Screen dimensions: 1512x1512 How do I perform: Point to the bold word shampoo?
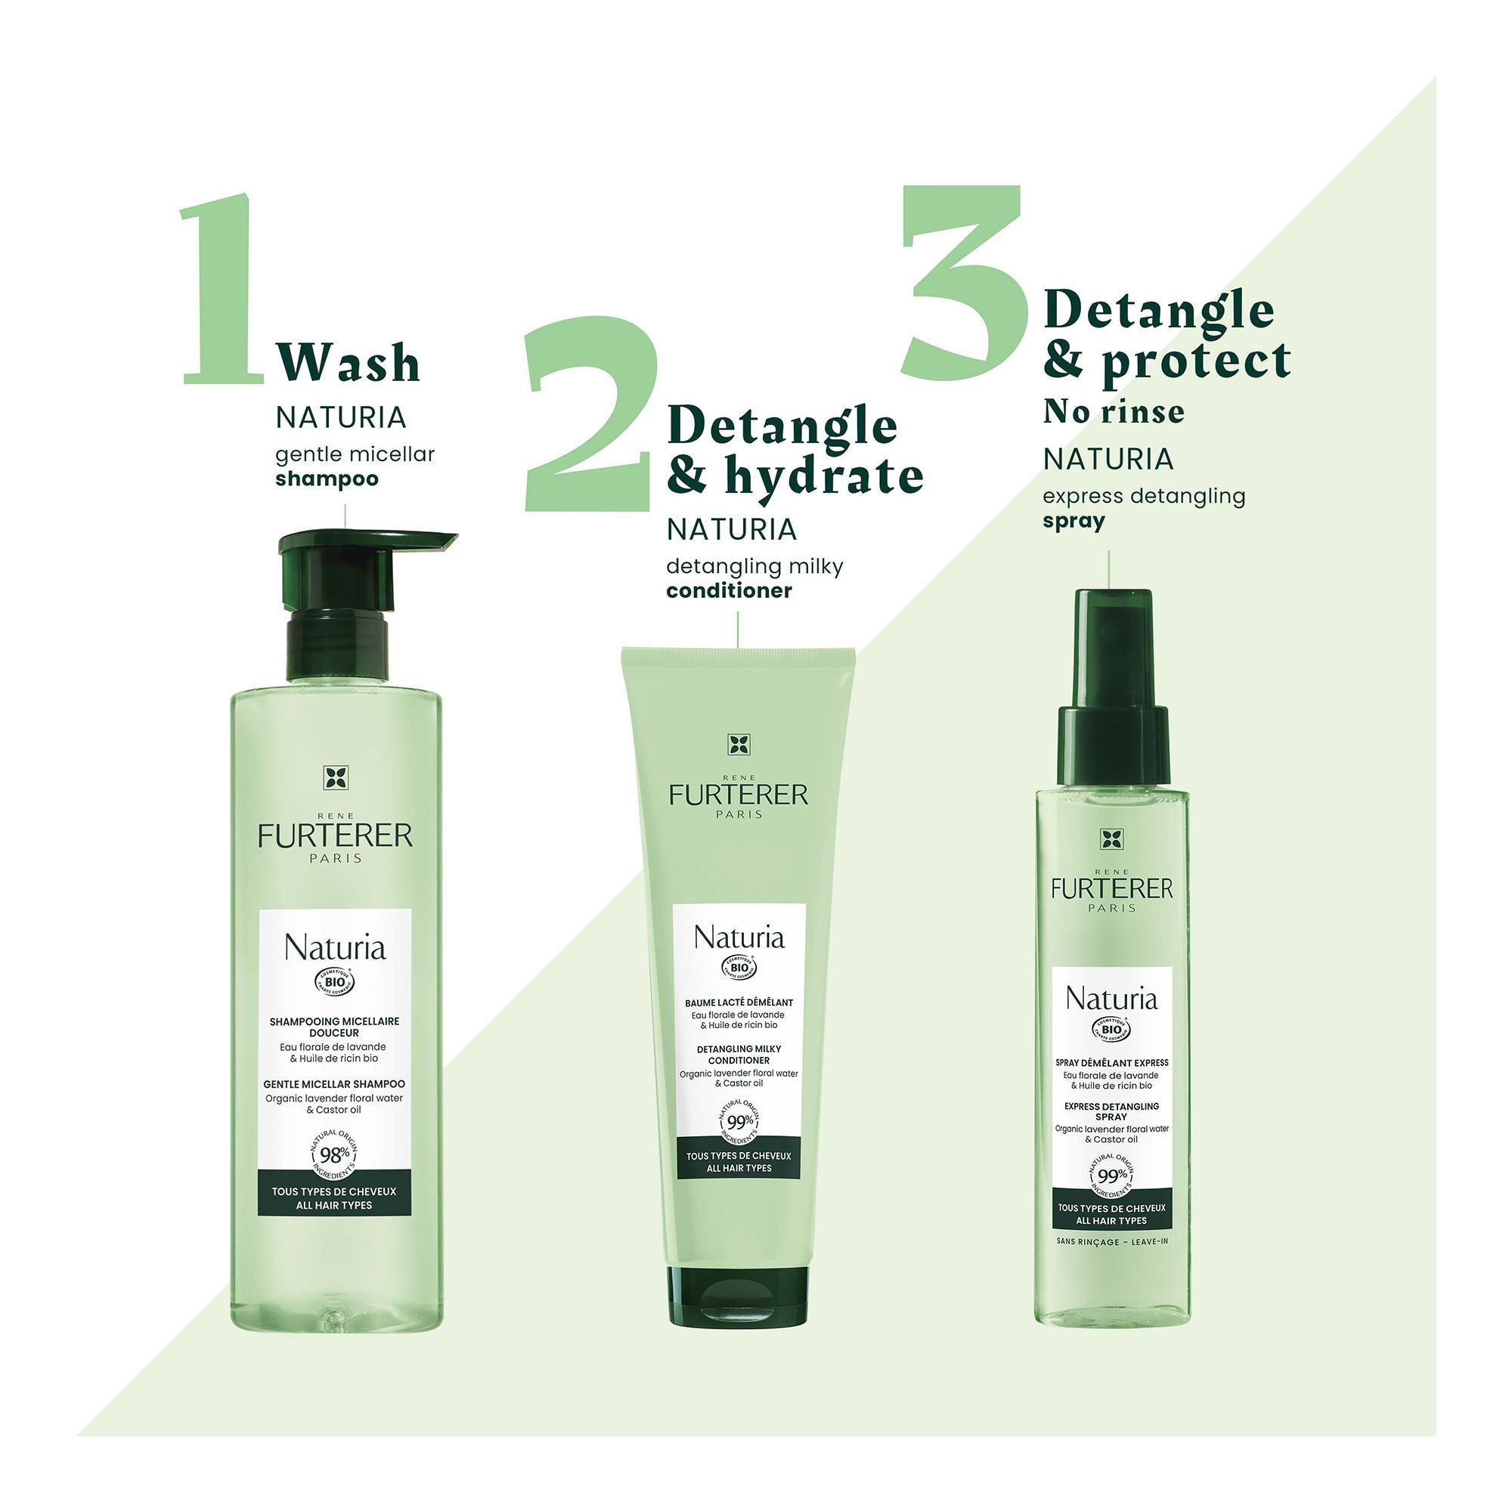pos(327,479)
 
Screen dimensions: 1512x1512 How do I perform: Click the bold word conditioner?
pos(729,590)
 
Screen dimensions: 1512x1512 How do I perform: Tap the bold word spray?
pos(1074,521)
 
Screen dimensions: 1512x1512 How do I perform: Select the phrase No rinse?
pos(1113,413)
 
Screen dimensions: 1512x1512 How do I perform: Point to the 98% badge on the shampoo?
pos(335,1155)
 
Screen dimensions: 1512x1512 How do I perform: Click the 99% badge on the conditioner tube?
pos(739,1120)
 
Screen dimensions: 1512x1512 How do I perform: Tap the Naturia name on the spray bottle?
pos(1111,999)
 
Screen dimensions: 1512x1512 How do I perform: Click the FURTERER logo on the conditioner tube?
pos(738,795)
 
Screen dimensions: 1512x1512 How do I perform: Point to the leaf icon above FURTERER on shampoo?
pos(335,778)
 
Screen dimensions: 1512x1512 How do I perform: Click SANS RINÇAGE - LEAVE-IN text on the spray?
pos(1111,1242)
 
